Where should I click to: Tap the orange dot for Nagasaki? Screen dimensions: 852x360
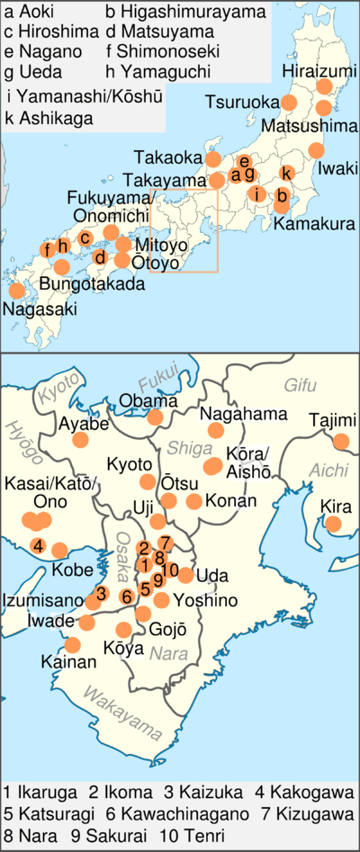pos(16,291)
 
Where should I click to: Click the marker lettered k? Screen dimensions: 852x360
pos(286,173)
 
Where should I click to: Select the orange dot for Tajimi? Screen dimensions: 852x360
pos(341,441)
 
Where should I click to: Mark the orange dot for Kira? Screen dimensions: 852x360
pos(333,524)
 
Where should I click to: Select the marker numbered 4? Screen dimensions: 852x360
pos(38,545)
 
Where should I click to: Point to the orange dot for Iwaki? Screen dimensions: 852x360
pos(316,150)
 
